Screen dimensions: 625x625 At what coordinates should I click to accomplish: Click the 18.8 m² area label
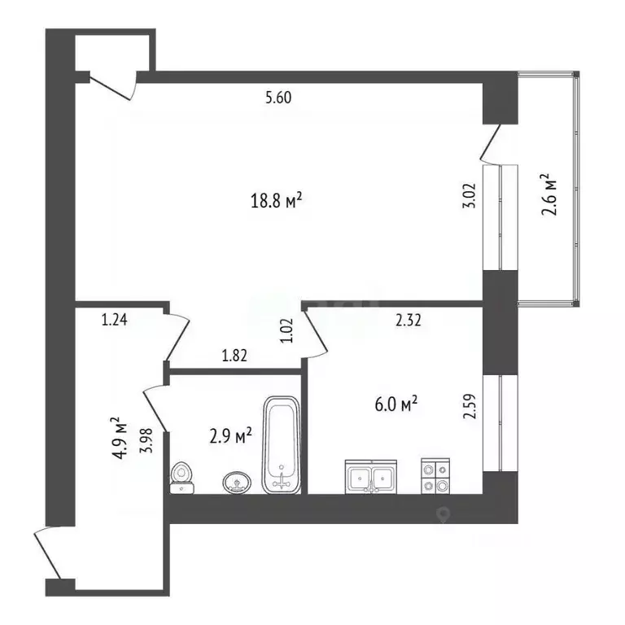click(x=276, y=200)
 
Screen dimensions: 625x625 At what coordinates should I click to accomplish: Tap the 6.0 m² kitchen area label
click(x=396, y=404)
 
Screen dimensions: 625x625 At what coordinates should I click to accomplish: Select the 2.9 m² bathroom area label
click(x=230, y=436)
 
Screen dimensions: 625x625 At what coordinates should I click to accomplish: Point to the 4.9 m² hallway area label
click(x=120, y=438)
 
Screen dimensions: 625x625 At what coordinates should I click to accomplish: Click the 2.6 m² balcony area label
click(x=548, y=194)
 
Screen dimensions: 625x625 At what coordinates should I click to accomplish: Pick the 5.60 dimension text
click(x=278, y=98)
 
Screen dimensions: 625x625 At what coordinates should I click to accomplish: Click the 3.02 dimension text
click(x=469, y=195)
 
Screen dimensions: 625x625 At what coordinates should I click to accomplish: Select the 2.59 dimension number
click(x=470, y=406)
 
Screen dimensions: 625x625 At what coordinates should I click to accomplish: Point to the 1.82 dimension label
click(x=234, y=355)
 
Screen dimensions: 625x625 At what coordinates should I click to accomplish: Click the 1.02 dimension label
click(x=287, y=330)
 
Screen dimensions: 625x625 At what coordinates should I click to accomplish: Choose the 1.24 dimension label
click(x=115, y=320)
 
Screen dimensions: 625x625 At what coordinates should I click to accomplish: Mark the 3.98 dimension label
click(x=146, y=440)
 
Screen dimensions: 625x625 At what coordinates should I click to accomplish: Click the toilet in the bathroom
click(x=181, y=478)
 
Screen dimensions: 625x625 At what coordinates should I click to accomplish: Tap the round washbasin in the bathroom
click(x=237, y=483)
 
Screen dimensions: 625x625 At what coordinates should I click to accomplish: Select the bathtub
click(x=282, y=445)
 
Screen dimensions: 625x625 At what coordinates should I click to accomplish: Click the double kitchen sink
click(x=371, y=477)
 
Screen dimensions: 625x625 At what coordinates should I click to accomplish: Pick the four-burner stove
click(x=435, y=476)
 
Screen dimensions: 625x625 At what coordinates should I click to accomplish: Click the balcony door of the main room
click(x=491, y=144)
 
